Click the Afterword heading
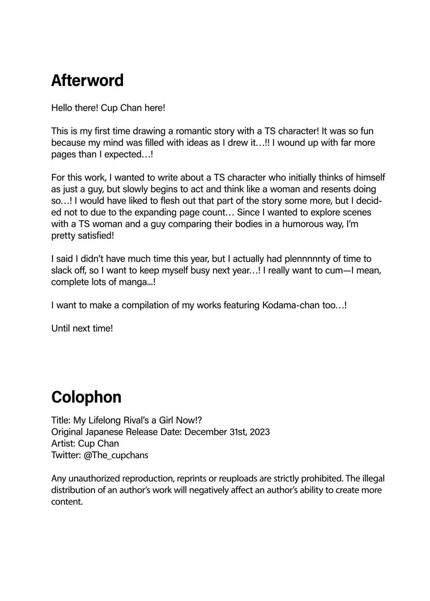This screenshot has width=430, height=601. pyautogui.click(x=87, y=80)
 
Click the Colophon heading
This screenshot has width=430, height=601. pyautogui.click(x=86, y=397)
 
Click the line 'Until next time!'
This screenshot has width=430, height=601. pyautogui.click(x=82, y=329)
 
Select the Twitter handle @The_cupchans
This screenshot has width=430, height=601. pyautogui.click(x=116, y=455)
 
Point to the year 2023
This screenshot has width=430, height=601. pyautogui.click(x=260, y=432)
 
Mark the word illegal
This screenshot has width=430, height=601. pyautogui.click(x=373, y=478)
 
